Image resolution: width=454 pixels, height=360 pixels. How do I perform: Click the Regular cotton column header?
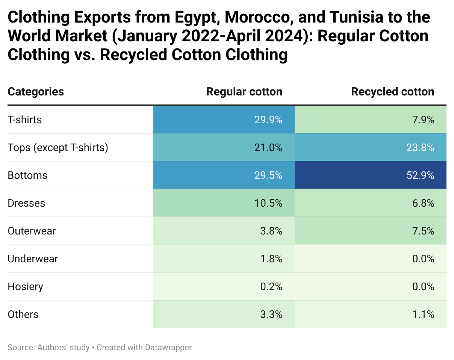[244, 92]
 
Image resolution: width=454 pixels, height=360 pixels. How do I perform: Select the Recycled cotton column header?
[392, 92]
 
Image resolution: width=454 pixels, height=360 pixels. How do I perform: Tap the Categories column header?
[36, 92]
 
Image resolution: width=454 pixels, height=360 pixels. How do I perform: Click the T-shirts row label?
[25, 120]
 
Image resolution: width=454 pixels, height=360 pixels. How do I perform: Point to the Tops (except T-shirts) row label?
[58, 148]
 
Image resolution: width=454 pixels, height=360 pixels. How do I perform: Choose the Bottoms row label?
[27, 175]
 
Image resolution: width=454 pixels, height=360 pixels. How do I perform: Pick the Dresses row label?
[26, 203]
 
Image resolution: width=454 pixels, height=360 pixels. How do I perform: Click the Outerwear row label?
[32, 231]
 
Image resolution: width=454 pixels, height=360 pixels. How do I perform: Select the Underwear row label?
[33, 259]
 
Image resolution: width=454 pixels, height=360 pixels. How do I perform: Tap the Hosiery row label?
[25, 286]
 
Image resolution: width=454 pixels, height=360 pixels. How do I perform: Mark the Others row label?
[23, 314]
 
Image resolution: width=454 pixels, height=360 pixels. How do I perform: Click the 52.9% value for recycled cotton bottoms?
[420, 175]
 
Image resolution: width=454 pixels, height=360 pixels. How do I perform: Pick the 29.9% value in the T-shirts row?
[268, 120]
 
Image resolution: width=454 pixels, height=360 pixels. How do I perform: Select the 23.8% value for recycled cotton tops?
[420, 148]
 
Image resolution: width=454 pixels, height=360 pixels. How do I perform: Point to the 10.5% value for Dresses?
[268, 203]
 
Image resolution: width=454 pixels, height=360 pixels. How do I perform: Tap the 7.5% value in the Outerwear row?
[423, 231]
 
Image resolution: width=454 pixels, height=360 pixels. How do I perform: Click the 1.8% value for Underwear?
[271, 259]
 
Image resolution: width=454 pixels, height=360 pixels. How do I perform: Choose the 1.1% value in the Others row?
[423, 314]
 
